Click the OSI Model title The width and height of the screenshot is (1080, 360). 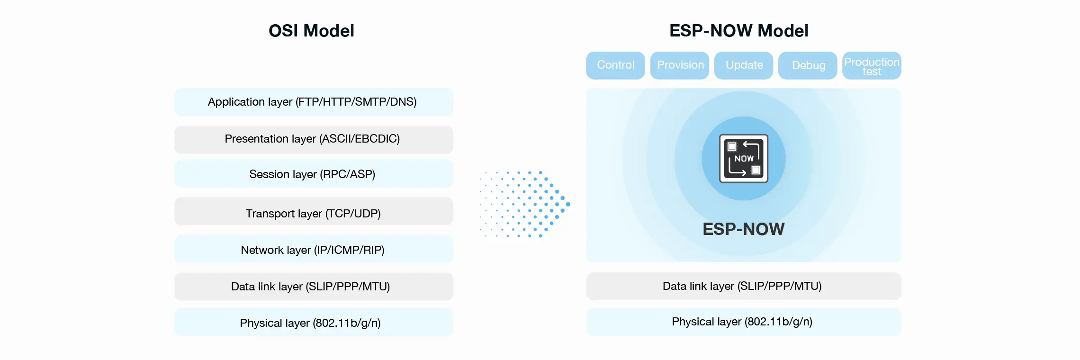(x=311, y=31)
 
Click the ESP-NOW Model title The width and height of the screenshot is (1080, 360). (x=738, y=31)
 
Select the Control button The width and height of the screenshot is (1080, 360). (x=615, y=65)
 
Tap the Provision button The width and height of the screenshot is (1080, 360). (x=680, y=65)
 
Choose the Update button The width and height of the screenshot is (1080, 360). (x=744, y=65)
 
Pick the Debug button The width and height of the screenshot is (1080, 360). (x=808, y=65)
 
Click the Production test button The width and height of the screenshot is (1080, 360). (x=872, y=66)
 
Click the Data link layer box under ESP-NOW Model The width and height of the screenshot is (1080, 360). (x=743, y=286)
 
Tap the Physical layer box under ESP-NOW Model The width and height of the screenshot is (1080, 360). (x=743, y=322)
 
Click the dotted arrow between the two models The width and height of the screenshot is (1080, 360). (x=526, y=204)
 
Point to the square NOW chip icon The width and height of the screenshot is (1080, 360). (x=744, y=159)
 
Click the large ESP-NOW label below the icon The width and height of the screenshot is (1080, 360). (x=744, y=229)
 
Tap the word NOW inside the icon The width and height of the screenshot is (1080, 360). (x=744, y=159)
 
